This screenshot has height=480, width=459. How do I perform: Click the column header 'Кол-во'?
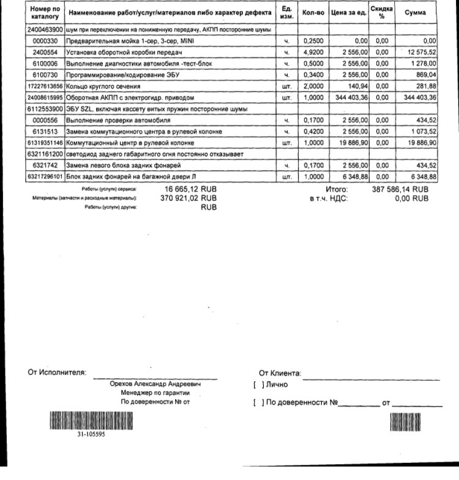(313, 13)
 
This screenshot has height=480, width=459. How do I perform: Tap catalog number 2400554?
(45, 52)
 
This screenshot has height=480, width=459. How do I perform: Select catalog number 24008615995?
(45, 97)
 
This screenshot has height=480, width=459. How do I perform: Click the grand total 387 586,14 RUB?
(400, 190)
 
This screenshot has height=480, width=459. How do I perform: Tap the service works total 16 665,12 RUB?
(190, 190)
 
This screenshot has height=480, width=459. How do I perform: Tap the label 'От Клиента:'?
(280, 372)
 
